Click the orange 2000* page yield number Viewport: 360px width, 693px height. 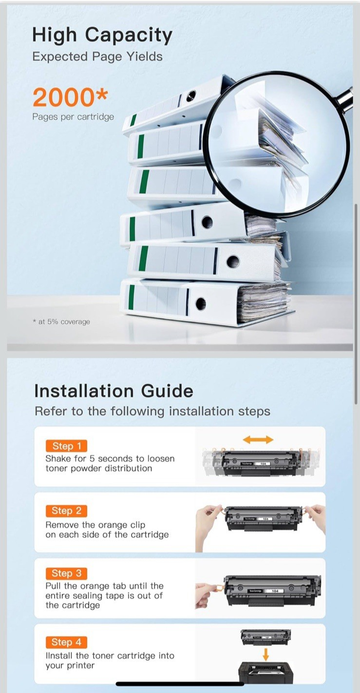coord(70,97)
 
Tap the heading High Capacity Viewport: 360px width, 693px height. coord(102,35)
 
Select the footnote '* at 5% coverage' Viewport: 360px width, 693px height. coord(61,322)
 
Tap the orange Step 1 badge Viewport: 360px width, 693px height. coord(66,446)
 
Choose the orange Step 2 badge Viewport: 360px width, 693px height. coord(66,510)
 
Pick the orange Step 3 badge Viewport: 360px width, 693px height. coord(66,573)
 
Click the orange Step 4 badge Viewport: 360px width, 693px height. coord(66,642)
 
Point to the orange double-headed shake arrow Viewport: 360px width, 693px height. coord(258,439)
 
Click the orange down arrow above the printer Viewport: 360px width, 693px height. coord(265,654)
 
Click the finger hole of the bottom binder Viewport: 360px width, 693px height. coord(201,303)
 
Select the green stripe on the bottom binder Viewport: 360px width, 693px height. coord(131,297)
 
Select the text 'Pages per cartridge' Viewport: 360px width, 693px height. coord(73,117)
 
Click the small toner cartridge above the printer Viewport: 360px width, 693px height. coord(266,637)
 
